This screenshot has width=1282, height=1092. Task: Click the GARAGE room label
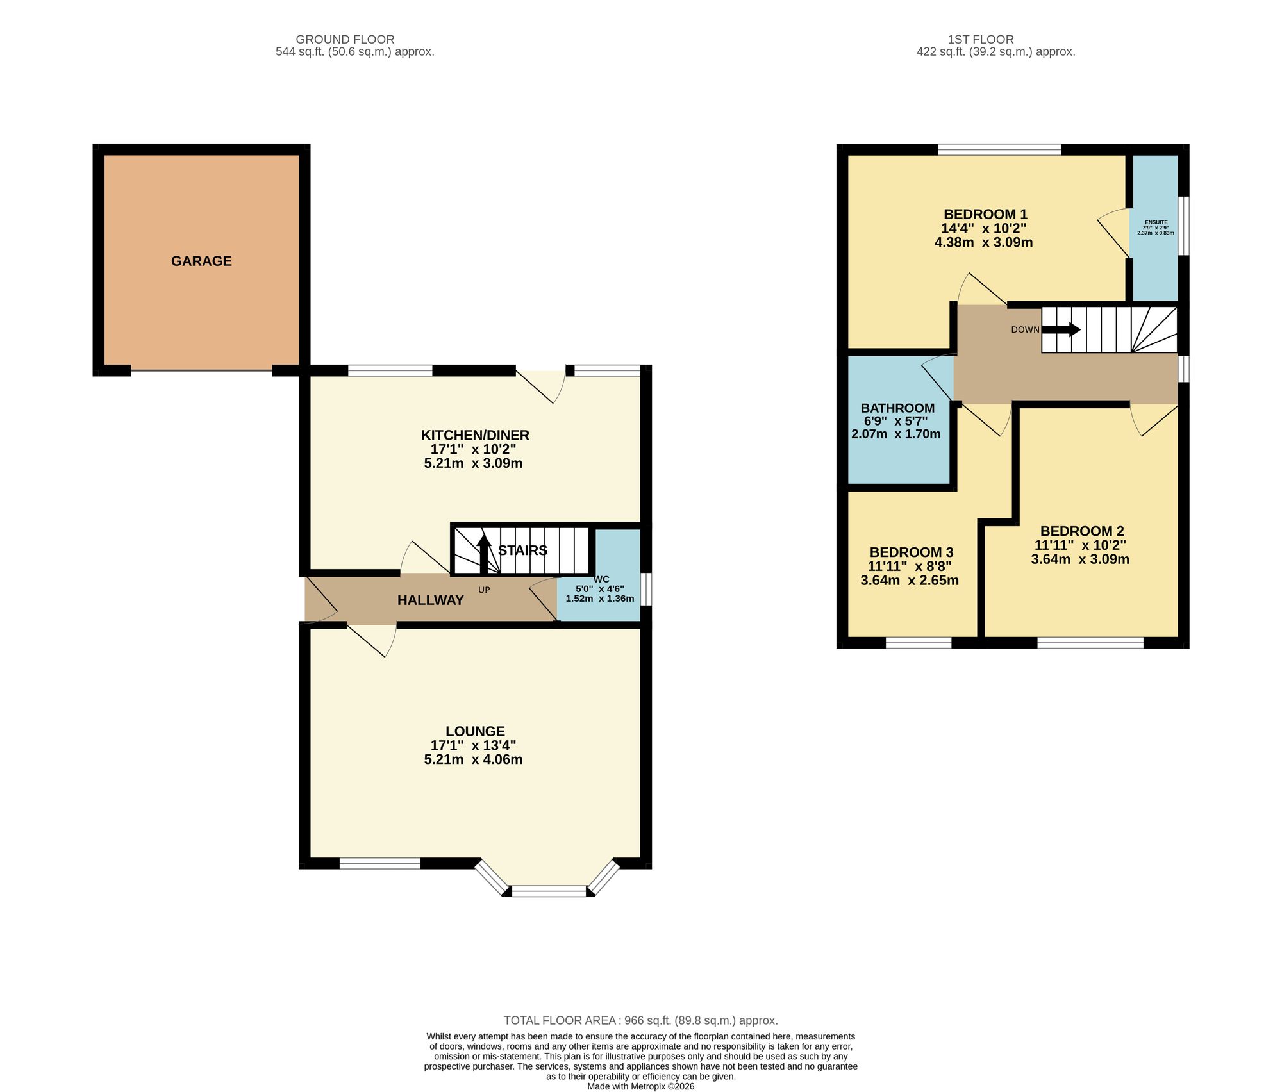click(201, 261)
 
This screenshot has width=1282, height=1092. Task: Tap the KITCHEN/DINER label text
click(475, 435)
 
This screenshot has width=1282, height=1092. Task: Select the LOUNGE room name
click(475, 731)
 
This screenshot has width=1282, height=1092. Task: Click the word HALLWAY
click(430, 600)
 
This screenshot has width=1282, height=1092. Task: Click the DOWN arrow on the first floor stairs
click(1061, 329)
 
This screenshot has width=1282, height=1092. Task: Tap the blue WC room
click(599, 575)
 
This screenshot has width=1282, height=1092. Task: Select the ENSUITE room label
click(1156, 222)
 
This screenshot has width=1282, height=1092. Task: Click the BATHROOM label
click(897, 408)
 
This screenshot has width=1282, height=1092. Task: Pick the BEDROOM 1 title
click(985, 214)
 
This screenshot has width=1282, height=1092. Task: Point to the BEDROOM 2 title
click(1082, 531)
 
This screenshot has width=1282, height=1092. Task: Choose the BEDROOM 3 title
click(912, 552)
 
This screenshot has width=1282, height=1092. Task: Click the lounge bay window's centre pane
click(549, 890)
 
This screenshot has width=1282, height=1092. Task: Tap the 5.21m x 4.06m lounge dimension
click(473, 759)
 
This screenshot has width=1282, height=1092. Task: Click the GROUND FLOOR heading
click(345, 39)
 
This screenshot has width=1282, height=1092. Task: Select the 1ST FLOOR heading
click(981, 39)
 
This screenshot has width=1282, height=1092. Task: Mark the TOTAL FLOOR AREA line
click(641, 1020)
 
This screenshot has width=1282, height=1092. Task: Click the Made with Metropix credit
click(641, 1086)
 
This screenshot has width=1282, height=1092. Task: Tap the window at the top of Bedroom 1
click(999, 150)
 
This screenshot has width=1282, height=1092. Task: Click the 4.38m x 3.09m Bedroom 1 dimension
click(984, 242)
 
